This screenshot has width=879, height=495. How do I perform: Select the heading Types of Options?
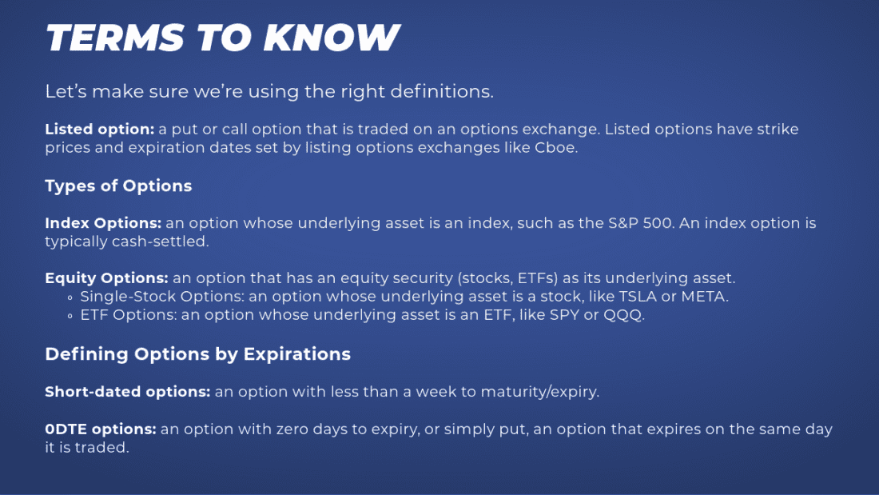pos(118,186)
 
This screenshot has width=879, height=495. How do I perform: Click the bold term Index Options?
pos(103,223)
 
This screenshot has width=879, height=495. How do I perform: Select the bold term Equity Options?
pos(106,278)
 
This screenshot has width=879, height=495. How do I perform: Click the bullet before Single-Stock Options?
pos(71,297)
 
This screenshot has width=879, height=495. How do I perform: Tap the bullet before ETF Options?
pos(71,316)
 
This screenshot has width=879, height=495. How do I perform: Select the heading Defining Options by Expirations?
pos(197,353)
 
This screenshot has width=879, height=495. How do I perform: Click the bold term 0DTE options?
pos(101,429)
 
